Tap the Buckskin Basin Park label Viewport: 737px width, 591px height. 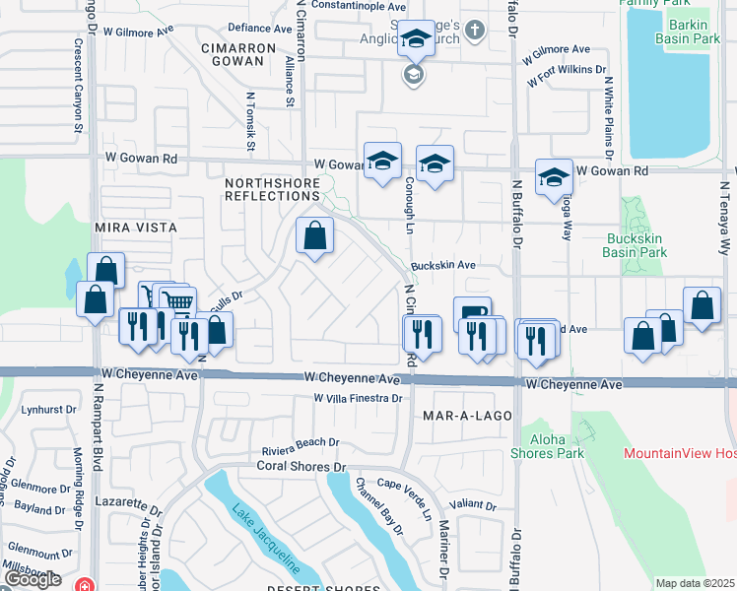(x=636, y=245)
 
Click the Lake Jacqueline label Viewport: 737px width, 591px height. (x=265, y=540)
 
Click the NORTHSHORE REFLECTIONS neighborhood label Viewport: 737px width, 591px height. (x=272, y=189)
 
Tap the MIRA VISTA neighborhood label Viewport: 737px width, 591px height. (x=135, y=228)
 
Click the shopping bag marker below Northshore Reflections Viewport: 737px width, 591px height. (x=314, y=237)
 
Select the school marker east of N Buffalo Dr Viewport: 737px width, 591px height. (x=554, y=177)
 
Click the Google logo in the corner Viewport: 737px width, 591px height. (x=32, y=579)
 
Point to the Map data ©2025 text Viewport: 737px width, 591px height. (x=695, y=583)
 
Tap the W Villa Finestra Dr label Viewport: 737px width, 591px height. (x=358, y=399)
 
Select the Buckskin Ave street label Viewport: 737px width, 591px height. (x=443, y=266)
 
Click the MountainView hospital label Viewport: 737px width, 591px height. (x=680, y=454)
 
